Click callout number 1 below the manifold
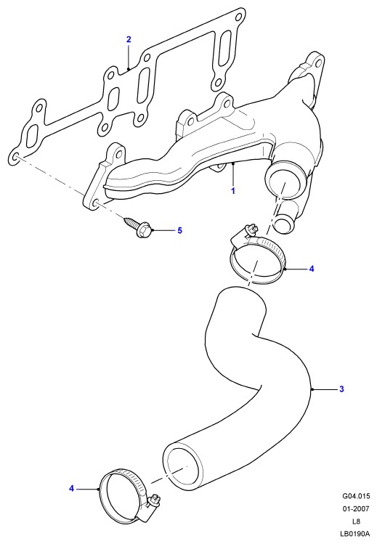pos(233,191)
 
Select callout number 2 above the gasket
pos(129,39)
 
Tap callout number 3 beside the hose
pos(341,389)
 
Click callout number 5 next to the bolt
pos(179,230)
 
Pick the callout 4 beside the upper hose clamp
pos(312,269)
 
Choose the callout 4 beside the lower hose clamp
pos(71,489)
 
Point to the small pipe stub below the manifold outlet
pos(285,219)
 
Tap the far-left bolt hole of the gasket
pos(15,158)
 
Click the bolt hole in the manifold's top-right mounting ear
pos(317,64)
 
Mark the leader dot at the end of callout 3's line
pos(312,389)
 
